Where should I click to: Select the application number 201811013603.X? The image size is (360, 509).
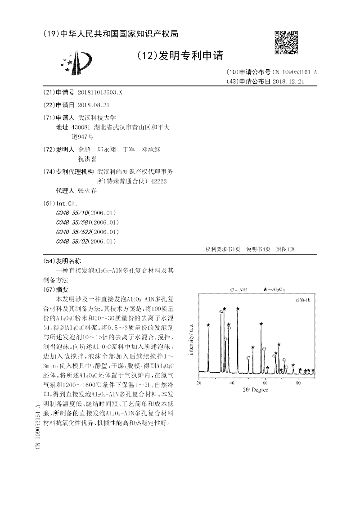point(99,92)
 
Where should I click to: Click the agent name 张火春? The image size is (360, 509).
point(87,190)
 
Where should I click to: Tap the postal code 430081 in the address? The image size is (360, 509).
point(87,127)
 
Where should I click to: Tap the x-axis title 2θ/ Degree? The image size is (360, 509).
point(256,390)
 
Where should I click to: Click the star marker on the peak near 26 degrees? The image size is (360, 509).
point(208,325)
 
